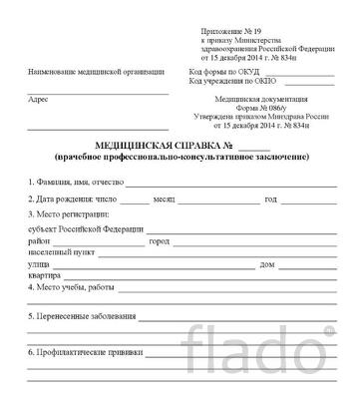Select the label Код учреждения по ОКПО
point(228,85)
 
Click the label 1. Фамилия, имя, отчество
point(75,183)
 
